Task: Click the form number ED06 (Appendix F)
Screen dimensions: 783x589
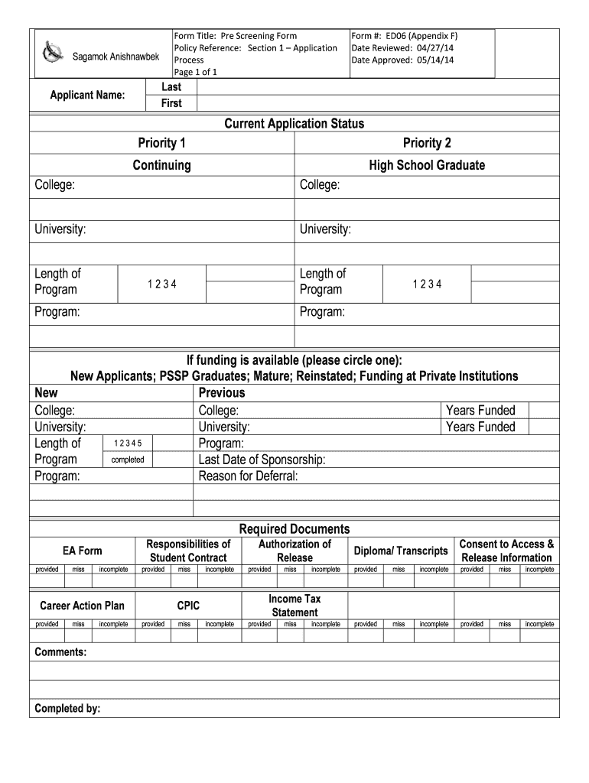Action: tap(404, 36)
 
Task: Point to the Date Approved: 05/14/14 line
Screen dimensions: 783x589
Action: tap(402, 60)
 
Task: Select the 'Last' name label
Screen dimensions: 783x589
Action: tap(171, 87)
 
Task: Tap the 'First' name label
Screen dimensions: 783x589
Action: tap(171, 103)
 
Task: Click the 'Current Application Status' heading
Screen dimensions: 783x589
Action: tap(294, 124)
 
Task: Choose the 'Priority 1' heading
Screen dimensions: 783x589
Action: tap(161, 144)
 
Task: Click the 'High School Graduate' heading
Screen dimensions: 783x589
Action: tap(427, 165)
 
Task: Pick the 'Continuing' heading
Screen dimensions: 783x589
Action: tap(161, 165)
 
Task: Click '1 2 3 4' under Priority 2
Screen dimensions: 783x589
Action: tap(427, 284)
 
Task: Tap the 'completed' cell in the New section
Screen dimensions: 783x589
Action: tap(128, 460)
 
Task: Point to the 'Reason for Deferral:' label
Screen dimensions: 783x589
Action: tap(248, 476)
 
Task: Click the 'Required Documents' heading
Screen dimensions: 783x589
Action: tap(294, 529)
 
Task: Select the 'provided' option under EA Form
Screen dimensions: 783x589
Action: tap(47, 570)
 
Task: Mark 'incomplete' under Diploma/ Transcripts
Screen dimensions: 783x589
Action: tap(434, 570)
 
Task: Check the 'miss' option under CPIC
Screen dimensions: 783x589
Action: tap(184, 624)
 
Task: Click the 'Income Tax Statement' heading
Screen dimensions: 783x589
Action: tap(294, 606)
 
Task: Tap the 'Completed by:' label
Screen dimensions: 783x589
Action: tap(68, 709)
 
